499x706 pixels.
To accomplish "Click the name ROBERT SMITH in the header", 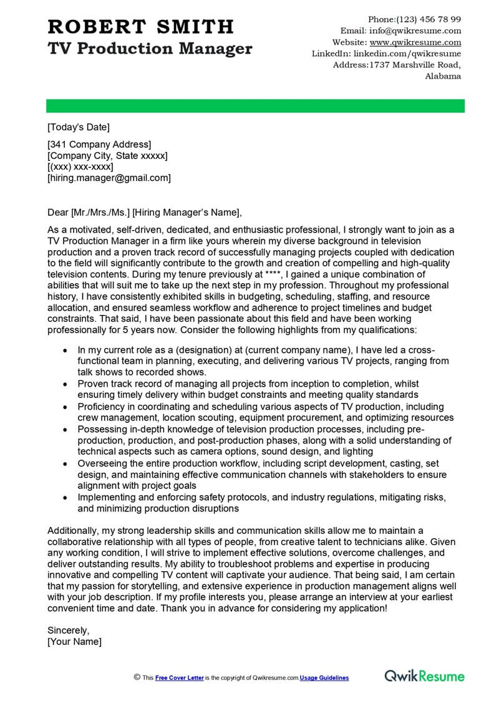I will pyautogui.click(x=140, y=26).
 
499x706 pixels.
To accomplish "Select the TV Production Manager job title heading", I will pyautogui.click(x=150, y=49).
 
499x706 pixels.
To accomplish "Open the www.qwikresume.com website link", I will pyautogui.click(x=415, y=42).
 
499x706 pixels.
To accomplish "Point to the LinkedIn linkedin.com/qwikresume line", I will pyautogui.click(x=386, y=54).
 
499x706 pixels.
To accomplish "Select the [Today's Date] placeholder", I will pyautogui.click(x=79, y=127).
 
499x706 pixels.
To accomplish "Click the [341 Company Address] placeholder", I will pyautogui.click(x=99, y=145).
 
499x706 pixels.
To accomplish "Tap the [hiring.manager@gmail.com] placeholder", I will pyautogui.click(x=109, y=178).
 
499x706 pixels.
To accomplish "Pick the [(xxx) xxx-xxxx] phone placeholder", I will pyautogui.click(x=80, y=167).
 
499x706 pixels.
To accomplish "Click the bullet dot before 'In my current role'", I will pyautogui.click(x=65, y=351).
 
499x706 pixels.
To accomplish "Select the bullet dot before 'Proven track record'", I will pyautogui.click(x=65, y=384).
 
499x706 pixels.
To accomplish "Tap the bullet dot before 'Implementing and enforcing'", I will pyautogui.click(x=65, y=497).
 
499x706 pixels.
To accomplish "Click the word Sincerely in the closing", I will pyautogui.click(x=69, y=630).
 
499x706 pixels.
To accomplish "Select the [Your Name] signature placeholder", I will pyautogui.click(x=74, y=641).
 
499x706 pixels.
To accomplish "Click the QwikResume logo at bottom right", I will pyautogui.click(x=424, y=676).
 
